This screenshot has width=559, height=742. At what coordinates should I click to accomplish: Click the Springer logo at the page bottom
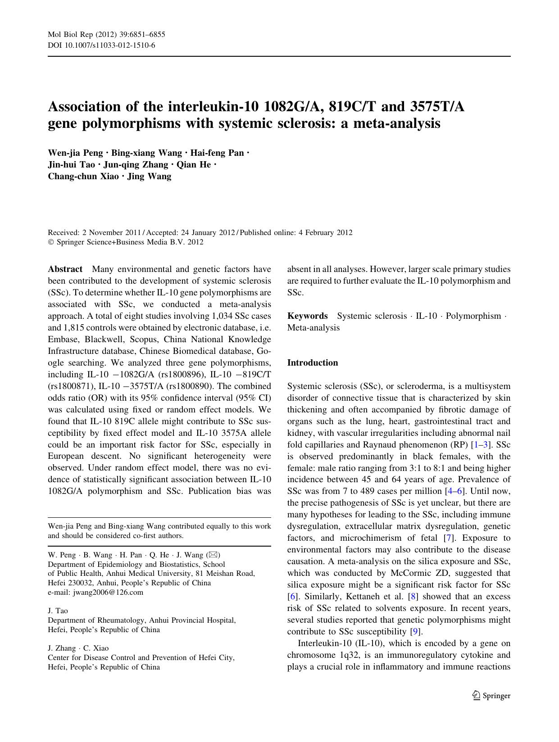[x=491, y=696]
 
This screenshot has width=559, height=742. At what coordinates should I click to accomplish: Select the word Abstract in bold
[x=65, y=269]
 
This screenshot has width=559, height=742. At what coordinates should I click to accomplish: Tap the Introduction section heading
[x=312, y=363]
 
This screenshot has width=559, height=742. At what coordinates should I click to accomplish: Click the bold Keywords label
[x=307, y=316]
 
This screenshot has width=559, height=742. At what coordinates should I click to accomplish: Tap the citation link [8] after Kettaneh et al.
[x=412, y=597]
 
